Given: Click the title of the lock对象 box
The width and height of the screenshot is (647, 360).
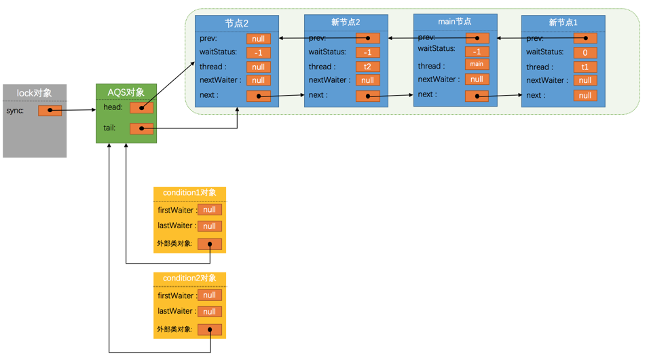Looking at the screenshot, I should pyautogui.click(x=34, y=92).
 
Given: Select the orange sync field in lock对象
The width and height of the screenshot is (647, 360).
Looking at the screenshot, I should pyautogui.click(x=50, y=110).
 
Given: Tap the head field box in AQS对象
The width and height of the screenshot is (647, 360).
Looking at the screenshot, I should pyautogui.click(x=141, y=107).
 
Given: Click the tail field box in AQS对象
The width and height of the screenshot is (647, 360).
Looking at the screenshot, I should pyautogui.click(x=141, y=128).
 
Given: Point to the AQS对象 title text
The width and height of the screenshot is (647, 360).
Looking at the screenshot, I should pyautogui.click(x=126, y=92).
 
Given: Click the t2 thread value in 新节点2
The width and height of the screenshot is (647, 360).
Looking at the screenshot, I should pyautogui.click(x=367, y=67).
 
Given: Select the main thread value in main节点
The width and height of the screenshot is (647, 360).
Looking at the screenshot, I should pyautogui.click(x=477, y=64).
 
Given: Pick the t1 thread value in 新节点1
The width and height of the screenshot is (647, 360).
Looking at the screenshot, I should pyautogui.click(x=585, y=67).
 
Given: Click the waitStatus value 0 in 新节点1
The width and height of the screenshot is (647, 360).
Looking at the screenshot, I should pyautogui.click(x=585, y=52).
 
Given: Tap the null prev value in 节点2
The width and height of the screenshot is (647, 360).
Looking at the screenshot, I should pyautogui.click(x=258, y=39).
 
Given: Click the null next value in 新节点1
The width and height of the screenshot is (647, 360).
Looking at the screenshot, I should pyautogui.click(x=585, y=96).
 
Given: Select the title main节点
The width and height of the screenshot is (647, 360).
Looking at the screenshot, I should pyautogui.click(x=454, y=22).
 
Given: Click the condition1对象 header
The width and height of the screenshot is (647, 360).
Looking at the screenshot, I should pyautogui.click(x=189, y=193).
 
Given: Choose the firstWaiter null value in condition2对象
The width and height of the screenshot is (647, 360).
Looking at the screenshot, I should pyautogui.click(x=209, y=295).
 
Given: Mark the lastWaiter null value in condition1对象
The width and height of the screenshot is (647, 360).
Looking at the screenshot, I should pyautogui.click(x=209, y=226).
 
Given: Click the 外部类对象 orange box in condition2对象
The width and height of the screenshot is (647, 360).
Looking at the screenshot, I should pyautogui.click(x=209, y=329).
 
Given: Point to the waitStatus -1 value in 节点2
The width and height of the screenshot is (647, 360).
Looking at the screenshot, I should pyautogui.click(x=258, y=52).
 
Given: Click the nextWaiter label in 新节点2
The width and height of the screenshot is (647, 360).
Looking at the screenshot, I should pyautogui.click(x=329, y=80).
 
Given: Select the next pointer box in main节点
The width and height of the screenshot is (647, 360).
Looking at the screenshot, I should pyautogui.click(x=477, y=96).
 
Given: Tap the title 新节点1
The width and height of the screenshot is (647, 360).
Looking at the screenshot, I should pyautogui.click(x=563, y=22).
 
